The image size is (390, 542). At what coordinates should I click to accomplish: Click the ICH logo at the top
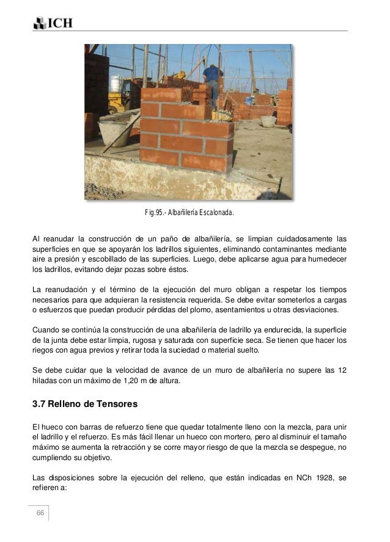(53, 23)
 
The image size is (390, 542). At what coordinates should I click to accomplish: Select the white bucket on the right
(268, 120)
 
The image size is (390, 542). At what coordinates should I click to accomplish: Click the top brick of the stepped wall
(161, 95)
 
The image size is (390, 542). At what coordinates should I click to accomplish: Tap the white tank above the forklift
(116, 83)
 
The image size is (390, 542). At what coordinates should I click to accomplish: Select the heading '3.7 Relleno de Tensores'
(85, 404)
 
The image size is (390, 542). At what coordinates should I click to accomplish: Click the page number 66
(40, 512)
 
